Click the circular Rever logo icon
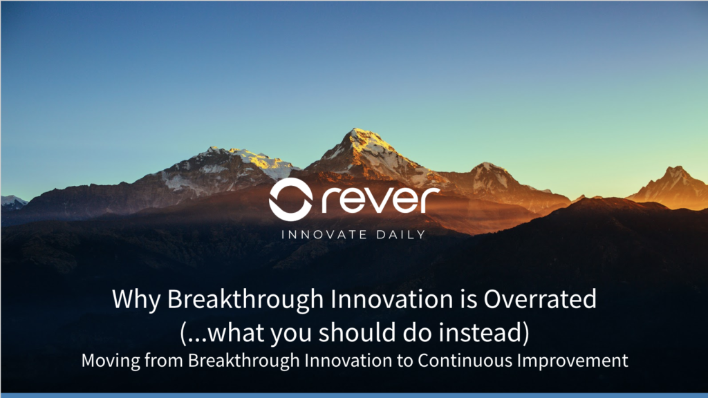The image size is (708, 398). [x=290, y=199]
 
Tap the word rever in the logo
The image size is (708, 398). [x=380, y=200]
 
